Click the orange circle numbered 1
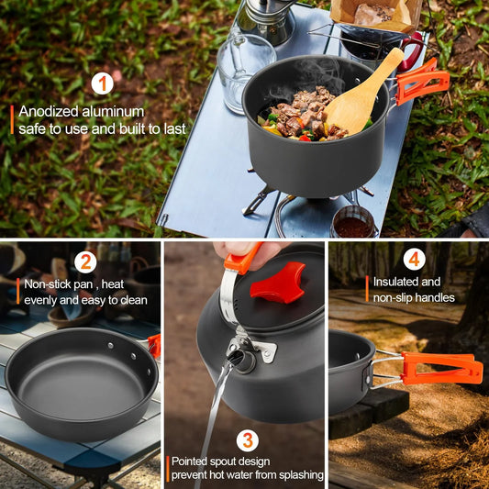coord(102,85)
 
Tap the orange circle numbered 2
coord(85,262)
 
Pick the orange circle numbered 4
coord(415,261)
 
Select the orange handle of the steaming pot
coord(421,81)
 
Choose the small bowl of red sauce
coord(353,224)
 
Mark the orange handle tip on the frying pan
coord(154,345)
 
